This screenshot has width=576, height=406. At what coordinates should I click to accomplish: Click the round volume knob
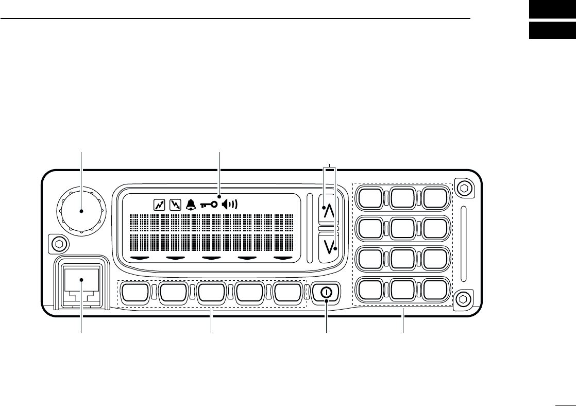(x=81, y=210)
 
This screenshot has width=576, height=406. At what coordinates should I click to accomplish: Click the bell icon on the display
(x=191, y=205)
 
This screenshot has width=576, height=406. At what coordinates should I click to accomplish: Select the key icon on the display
(x=209, y=205)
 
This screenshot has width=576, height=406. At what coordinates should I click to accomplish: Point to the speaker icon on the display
(x=230, y=205)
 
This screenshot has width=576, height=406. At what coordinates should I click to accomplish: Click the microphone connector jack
(x=81, y=281)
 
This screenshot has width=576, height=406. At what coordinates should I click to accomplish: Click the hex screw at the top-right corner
(x=464, y=189)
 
